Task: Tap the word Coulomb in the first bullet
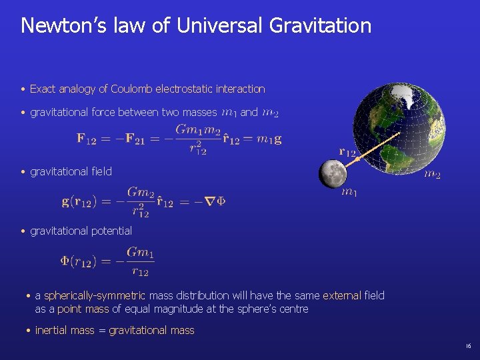point(132,89)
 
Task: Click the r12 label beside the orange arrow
point(347,152)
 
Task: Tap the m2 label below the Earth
point(433,175)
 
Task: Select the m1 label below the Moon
point(349,193)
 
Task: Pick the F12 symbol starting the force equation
point(87,139)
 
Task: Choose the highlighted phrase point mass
point(83,309)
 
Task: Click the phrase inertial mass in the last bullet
point(65,330)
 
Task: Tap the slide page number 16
point(468,346)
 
